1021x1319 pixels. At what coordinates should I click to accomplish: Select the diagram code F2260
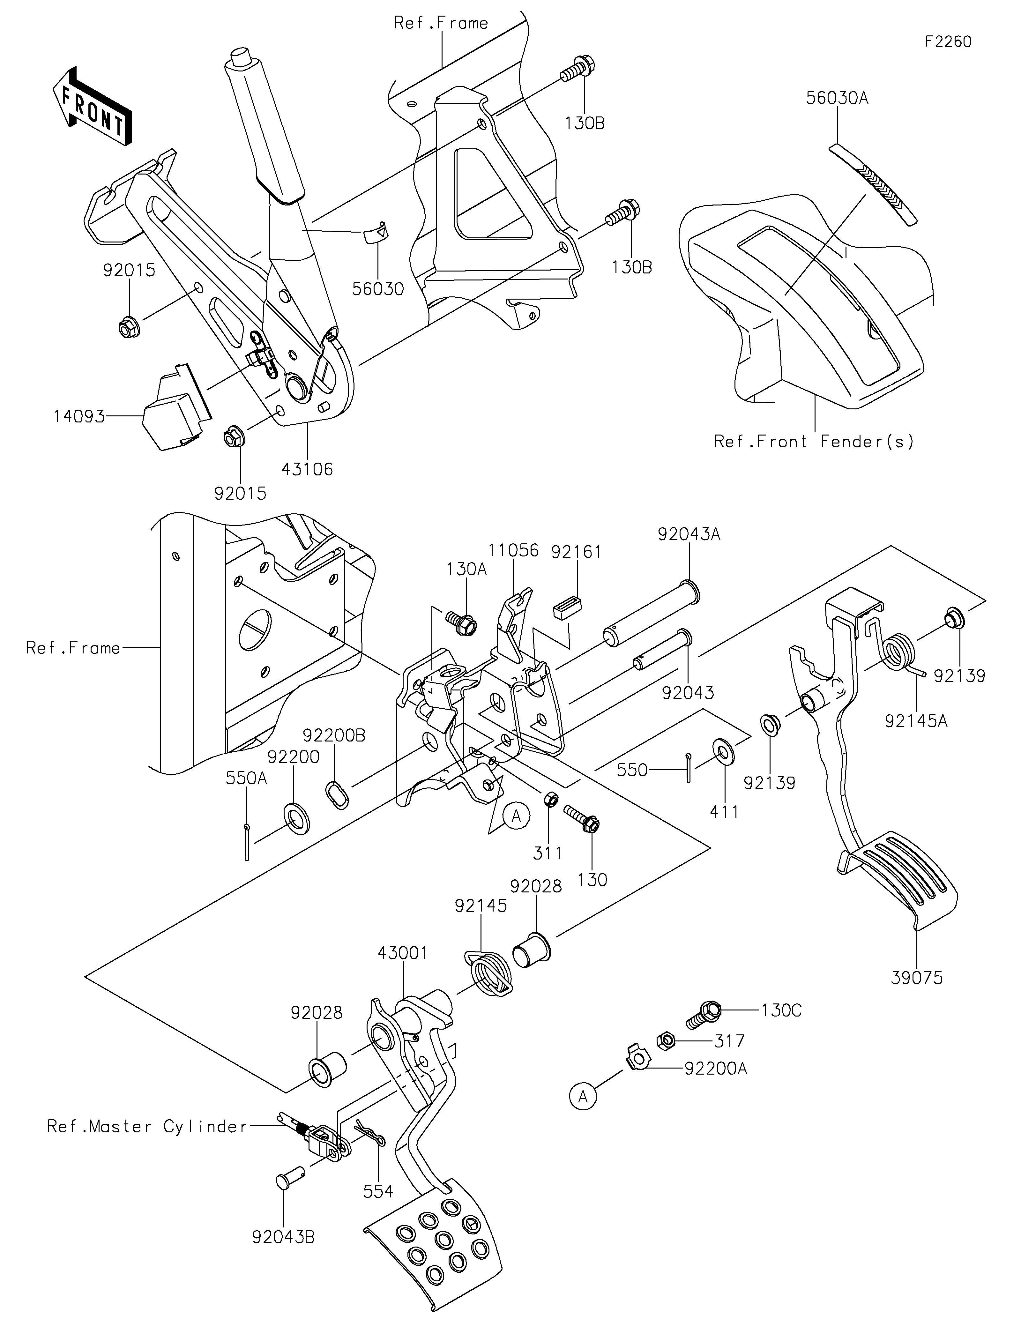[x=948, y=42]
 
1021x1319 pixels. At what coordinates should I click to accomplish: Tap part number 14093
[x=78, y=416]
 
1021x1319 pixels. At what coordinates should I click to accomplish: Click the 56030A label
[x=837, y=98]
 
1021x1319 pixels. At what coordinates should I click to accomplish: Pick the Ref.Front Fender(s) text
[x=814, y=442]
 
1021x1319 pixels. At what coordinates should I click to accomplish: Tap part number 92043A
[x=689, y=534]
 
